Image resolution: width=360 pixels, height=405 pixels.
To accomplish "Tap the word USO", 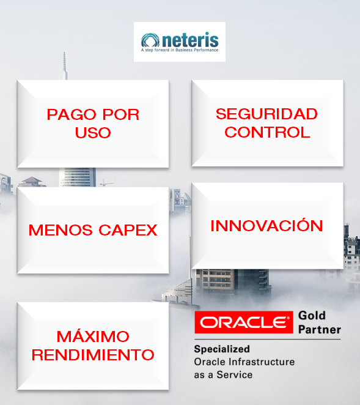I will (93, 132).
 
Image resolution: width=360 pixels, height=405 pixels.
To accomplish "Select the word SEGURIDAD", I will (266, 114).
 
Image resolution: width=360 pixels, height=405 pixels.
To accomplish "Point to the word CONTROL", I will (266, 132).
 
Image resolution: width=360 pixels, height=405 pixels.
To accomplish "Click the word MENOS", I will (58, 230).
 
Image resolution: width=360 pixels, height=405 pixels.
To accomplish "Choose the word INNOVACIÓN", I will (266, 225).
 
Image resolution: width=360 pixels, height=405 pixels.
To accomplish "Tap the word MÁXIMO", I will (93, 336).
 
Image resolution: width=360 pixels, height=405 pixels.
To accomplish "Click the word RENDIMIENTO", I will (93, 354).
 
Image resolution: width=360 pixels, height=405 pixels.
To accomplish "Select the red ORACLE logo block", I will (243, 322).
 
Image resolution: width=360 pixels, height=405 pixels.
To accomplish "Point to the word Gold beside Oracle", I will (312, 316).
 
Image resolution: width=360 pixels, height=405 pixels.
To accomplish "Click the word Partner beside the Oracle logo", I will (320, 330).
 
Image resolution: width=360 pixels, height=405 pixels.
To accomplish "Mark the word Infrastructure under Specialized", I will (266, 362).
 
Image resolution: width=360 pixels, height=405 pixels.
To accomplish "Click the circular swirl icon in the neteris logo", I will (150, 40).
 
